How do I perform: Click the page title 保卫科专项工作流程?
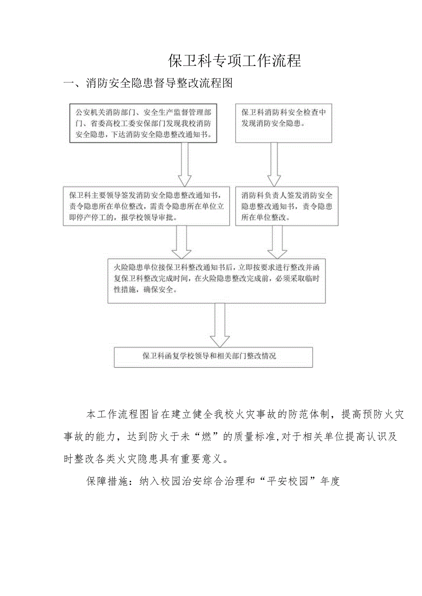click(x=234, y=60)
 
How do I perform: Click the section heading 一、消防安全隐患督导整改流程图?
click(x=148, y=83)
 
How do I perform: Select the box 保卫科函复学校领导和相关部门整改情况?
click(x=213, y=356)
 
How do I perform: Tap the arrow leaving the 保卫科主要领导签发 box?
click(x=182, y=241)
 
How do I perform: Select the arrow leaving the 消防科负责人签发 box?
click(x=277, y=241)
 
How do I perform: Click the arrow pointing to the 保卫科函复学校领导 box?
click(x=220, y=325)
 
